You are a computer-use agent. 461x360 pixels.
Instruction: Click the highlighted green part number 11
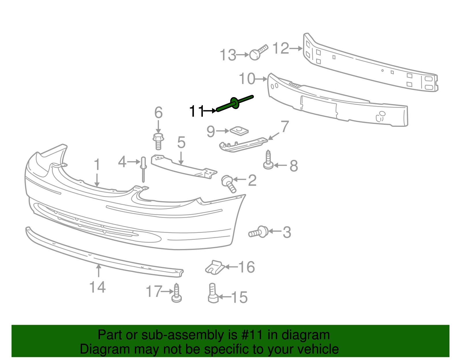pos(235,103)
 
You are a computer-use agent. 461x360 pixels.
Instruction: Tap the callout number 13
pos(228,55)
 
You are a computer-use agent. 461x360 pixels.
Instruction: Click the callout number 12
pos(280,48)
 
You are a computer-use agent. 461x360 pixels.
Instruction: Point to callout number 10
pos(247,79)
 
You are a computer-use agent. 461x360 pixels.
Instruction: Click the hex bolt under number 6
pos(158,141)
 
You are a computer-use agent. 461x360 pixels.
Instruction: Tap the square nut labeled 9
pos(239,131)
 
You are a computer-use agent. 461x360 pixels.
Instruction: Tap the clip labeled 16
pos(215,267)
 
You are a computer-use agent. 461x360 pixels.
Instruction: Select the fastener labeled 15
pos(213,293)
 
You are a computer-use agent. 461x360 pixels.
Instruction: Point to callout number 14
pos(97,287)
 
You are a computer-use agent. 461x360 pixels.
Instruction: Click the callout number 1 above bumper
pos(97,165)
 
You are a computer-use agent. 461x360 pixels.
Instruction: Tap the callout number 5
pos(181,142)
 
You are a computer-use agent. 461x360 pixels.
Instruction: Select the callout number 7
pos(284,127)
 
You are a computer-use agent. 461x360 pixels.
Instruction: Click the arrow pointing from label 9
pos(222,131)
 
